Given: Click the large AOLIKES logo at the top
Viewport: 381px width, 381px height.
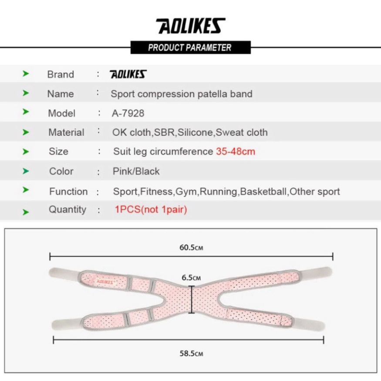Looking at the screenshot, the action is pos(190,26).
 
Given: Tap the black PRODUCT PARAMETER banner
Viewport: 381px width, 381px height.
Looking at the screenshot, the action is pos(190,47).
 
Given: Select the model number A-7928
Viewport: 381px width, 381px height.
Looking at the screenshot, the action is pos(128,113).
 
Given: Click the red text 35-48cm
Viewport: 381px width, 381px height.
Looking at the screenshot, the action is pos(236,152).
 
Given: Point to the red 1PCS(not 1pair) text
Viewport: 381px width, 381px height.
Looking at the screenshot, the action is pos(151,209).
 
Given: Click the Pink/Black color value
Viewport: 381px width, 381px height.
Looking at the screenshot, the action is pos(136,171).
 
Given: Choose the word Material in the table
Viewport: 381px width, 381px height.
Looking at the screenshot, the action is pos(66,132).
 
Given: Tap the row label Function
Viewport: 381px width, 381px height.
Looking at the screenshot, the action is pos(68,192).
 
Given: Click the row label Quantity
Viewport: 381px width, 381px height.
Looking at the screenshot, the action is pos(67,209).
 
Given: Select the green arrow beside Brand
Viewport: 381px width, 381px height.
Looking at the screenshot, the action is pos(26,74).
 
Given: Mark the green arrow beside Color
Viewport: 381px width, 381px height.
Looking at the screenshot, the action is pos(26,171).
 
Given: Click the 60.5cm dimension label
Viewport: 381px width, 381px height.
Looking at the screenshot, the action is pos(192,248).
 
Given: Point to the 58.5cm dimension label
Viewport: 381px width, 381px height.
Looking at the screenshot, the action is pos(192,353).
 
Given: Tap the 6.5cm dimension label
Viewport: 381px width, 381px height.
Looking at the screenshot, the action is pos(192,277).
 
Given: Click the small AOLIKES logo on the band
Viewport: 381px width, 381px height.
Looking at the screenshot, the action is pos(105,281).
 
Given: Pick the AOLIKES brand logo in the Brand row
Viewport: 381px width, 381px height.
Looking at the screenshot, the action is pos(128,74).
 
